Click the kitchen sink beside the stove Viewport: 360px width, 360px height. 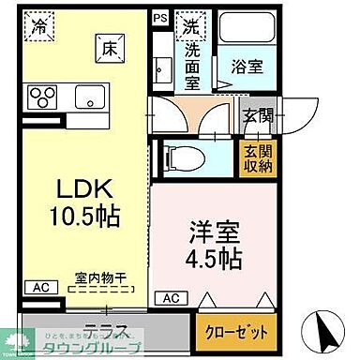pos(91,95)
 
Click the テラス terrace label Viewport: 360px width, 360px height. pos(105,330)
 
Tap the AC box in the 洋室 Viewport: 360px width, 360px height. pos(171,297)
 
